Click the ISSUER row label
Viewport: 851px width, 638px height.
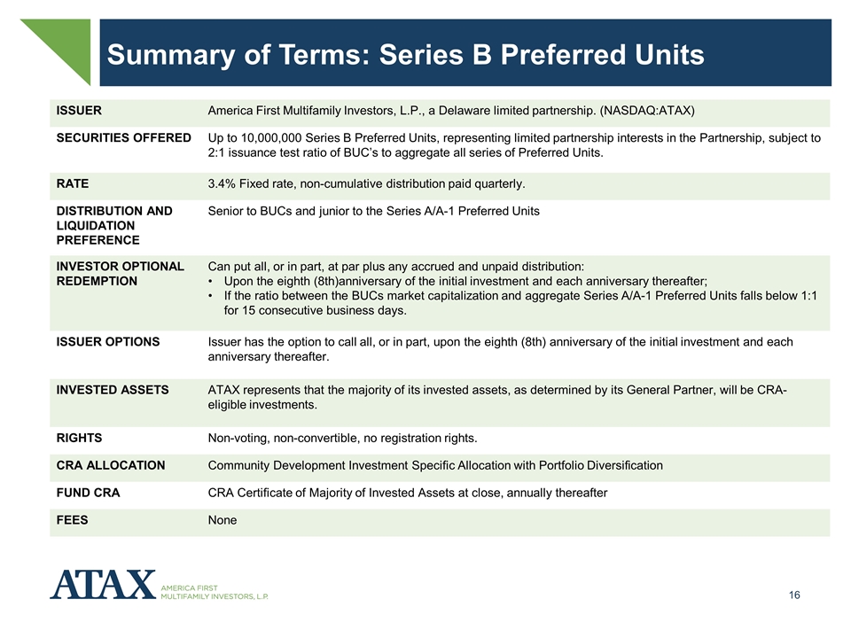click(79, 111)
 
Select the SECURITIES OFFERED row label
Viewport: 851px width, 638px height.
click(124, 138)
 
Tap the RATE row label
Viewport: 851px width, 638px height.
click(72, 184)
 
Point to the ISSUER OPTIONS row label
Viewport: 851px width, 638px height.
click(108, 342)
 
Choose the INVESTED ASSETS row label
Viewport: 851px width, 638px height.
click(113, 390)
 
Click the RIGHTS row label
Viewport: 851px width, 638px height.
click(79, 439)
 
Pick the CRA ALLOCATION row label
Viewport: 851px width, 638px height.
click(111, 465)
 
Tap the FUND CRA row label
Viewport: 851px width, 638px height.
click(88, 493)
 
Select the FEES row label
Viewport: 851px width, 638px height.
click(72, 520)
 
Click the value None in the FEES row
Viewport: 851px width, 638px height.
click(223, 520)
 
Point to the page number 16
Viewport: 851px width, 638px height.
click(794, 595)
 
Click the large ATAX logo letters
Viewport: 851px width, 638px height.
click(103, 584)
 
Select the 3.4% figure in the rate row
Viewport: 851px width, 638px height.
click(222, 184)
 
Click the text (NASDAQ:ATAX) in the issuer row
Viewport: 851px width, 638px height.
click(647, 111)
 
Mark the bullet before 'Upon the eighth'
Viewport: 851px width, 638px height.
click(211, 282)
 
